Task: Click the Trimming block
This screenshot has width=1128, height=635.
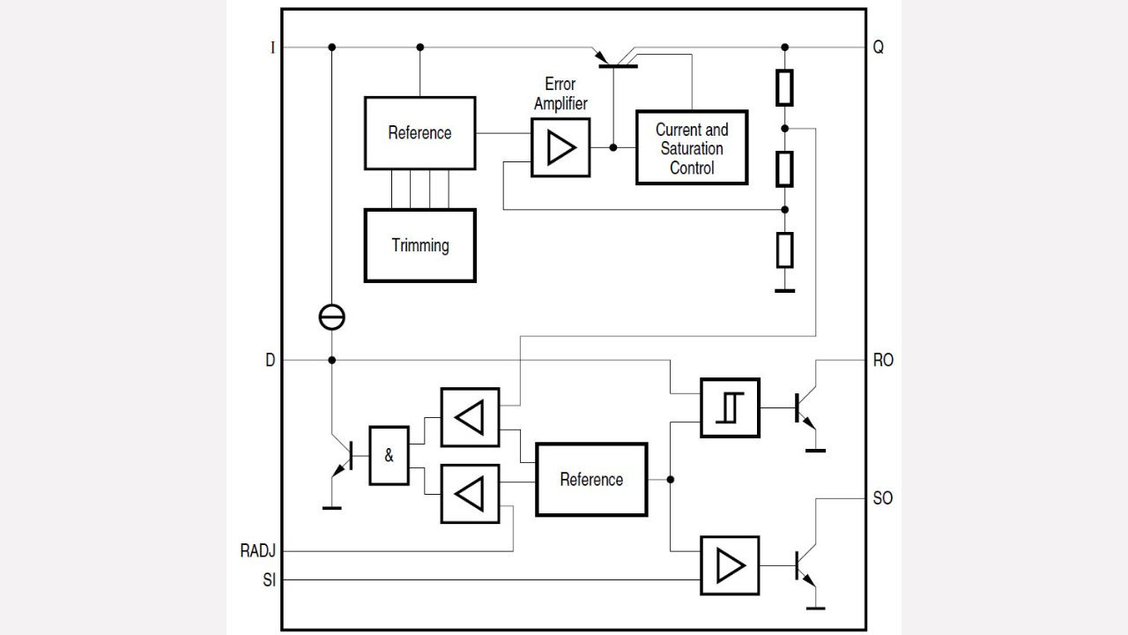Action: [420, 245]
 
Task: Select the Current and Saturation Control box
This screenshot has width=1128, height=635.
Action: [692, 147]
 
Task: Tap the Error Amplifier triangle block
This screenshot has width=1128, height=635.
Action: [560, 147]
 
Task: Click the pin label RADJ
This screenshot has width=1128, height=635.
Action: [258, 551]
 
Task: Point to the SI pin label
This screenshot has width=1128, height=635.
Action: [269, 580]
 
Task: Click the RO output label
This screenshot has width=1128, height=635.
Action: [882, 361]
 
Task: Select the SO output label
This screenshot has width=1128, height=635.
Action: [882, 498]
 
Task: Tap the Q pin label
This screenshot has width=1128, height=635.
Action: [879, 48]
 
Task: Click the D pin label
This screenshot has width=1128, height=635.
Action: [270, 361]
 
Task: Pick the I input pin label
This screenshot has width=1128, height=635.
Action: [272, 48]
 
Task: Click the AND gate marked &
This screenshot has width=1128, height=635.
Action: [389, 456]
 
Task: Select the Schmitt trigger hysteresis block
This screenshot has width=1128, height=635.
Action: [730, 407]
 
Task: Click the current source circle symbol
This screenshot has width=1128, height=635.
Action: [332, 317]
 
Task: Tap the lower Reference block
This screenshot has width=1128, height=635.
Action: [591, 479]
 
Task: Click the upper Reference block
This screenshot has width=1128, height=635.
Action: [419, 133]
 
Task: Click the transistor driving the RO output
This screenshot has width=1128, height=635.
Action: [804, 408]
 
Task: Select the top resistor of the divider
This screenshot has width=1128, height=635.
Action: [785, 86]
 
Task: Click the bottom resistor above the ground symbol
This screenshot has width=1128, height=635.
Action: [785, 250]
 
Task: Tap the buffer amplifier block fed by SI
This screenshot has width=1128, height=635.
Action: [730, 565]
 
